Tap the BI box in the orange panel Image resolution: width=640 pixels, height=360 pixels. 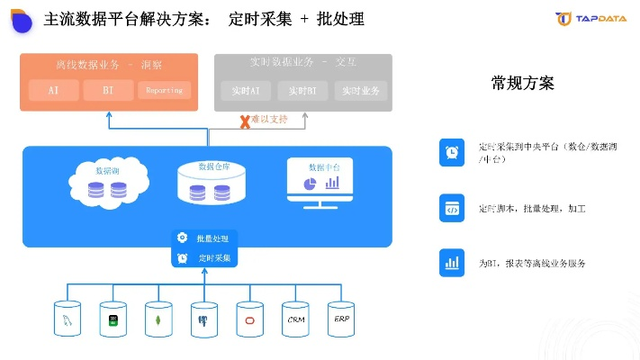tap(108, 90)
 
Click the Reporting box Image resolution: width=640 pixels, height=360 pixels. tap(163, 90)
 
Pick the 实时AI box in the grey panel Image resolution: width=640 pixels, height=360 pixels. tap(245, 91)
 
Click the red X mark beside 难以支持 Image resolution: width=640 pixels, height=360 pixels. tap(243, 121)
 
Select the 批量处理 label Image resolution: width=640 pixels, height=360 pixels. tap(212, 238)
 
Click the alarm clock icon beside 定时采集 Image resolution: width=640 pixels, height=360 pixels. tap(182, 258)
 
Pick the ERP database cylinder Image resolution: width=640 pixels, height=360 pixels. tap(341, 319)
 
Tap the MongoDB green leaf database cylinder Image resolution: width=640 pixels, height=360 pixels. tap(159, 319)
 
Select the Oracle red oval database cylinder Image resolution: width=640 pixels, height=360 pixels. tap(249, 319)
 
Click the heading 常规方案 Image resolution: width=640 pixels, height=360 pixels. tap(522, 84)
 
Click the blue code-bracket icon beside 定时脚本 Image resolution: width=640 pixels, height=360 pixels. tap(452, 208)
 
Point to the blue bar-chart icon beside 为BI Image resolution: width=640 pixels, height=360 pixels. tap(452, 264)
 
